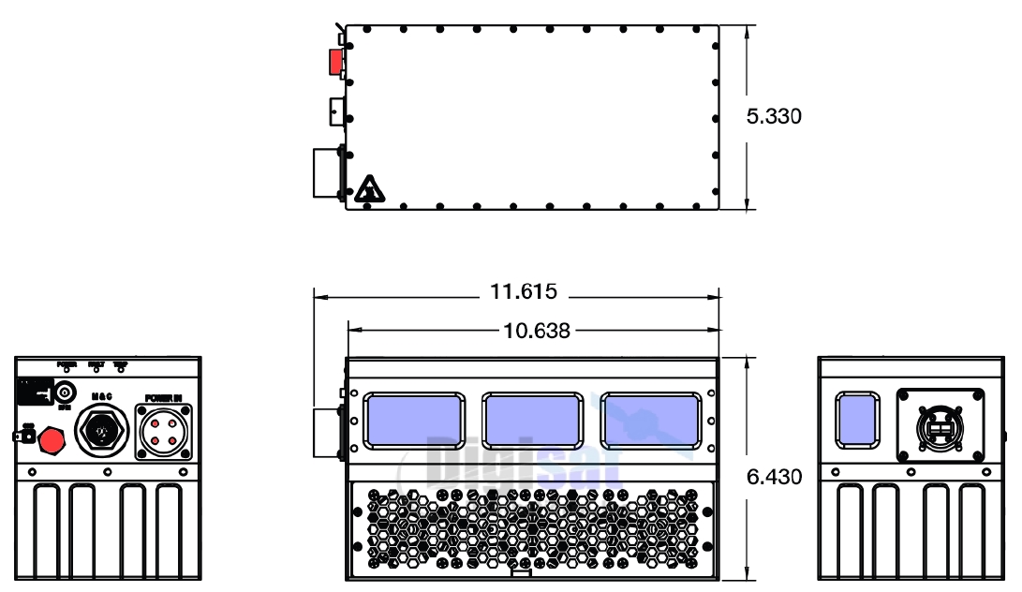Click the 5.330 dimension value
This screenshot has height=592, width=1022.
[774, 117]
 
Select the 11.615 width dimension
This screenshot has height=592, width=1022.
[524, 291]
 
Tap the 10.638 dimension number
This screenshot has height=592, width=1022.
[537, 330]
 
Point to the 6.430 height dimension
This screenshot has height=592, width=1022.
[774, 477]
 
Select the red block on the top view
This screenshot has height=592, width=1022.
[334, 61]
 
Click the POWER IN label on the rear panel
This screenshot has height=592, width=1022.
[163, 398]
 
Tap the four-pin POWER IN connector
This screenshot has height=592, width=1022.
[164, 431]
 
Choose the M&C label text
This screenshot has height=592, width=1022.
[101, 397]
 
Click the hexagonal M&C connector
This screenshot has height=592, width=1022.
[101, 432]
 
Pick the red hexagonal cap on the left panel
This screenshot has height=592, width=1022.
[52, 438]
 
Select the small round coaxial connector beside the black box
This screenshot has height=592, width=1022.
[65, 392]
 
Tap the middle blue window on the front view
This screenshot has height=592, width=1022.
[531, 421]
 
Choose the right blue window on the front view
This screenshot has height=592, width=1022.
[650, 421]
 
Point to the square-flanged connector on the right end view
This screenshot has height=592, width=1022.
[940, 425]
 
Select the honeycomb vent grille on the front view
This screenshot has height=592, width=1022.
[532, 526]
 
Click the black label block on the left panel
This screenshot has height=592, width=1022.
[37, 391]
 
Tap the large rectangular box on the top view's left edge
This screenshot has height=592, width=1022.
[327, 172]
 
